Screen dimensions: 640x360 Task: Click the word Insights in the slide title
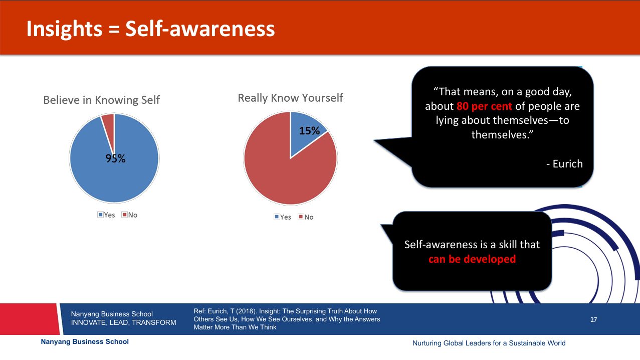point(64,29)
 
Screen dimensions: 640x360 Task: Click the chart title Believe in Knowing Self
point(101,100)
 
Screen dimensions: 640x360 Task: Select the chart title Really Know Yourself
point(290,98)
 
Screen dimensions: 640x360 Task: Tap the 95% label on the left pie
point(115,158)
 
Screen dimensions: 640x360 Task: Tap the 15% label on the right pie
point(309,131)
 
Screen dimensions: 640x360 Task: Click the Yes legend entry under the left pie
point(106,215)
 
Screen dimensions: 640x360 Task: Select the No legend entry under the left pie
point(130,215)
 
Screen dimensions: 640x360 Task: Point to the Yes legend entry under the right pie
point(283,217)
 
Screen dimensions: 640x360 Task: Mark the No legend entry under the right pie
point(306,217)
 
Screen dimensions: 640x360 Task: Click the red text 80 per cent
point(484,106)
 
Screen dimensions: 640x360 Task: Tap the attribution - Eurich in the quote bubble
point(564,164)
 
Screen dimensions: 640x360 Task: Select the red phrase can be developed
point(472,259)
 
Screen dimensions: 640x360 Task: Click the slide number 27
point(594,320)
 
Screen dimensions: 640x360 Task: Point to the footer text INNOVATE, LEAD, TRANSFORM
point(123,322)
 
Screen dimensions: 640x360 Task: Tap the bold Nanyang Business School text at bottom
point(85,342)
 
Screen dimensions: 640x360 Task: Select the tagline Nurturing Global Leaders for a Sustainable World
point(489,343)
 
